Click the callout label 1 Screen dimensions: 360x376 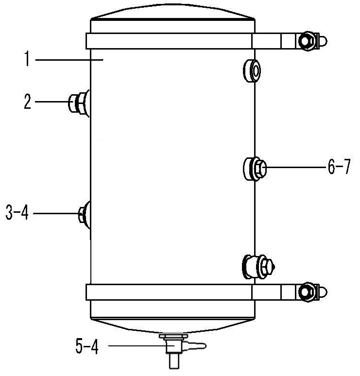click(x=27, y=59)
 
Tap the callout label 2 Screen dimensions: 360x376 click(x=28, y=102)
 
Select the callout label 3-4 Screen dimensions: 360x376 click(x=17, y=213)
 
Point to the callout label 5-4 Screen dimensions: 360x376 click(x=87, y=346)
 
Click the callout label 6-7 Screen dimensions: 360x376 click(x=339, y=167)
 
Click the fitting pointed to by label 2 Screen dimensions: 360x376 click(x=78, y=103)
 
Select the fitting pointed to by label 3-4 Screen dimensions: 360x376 click(x=85, y=214)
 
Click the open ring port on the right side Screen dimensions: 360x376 click(x=252, y=71)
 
